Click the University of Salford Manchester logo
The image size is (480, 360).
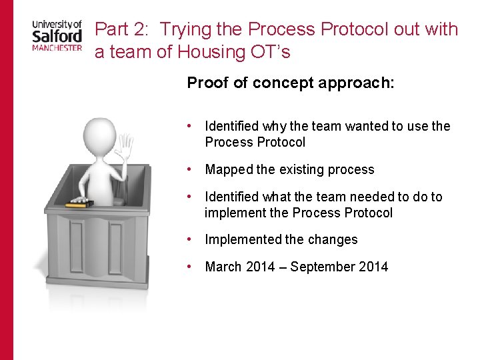(x=57, y=35)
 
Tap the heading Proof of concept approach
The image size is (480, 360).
(x=291, y=83)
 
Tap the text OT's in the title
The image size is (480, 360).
(x=272, y=51)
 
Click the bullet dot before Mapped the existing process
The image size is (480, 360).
(x=191, y=169)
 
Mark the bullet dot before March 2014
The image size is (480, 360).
(x=191, y=266)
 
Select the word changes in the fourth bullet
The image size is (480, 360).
(x=335, y=239)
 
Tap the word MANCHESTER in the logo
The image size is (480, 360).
(x=57, y=47)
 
